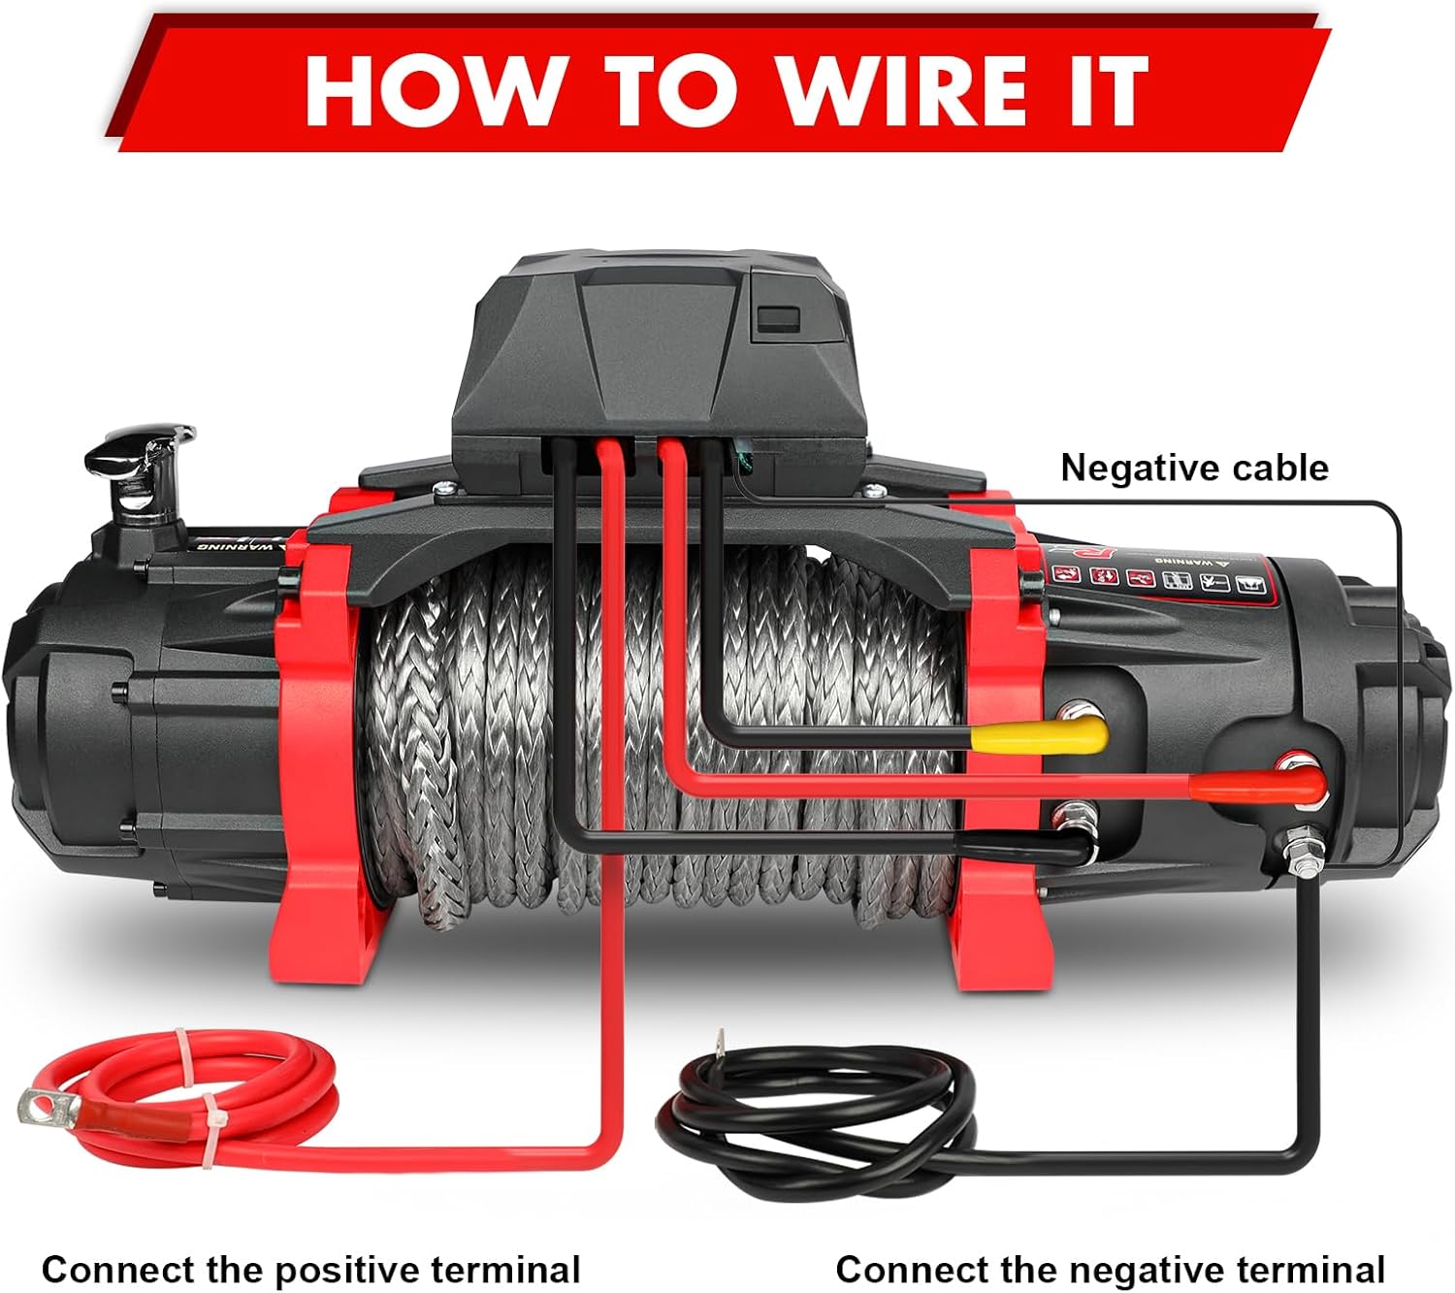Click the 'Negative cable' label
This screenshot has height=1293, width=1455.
click(x=1193, y=468)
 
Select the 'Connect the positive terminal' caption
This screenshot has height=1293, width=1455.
click(x=310, y=1269)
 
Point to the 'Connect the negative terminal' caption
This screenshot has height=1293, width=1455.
click(x=1110, y=1269)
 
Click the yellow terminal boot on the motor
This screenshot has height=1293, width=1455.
click(x=1040, y=737)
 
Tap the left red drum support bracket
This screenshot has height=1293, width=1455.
click(x=320, y=737)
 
